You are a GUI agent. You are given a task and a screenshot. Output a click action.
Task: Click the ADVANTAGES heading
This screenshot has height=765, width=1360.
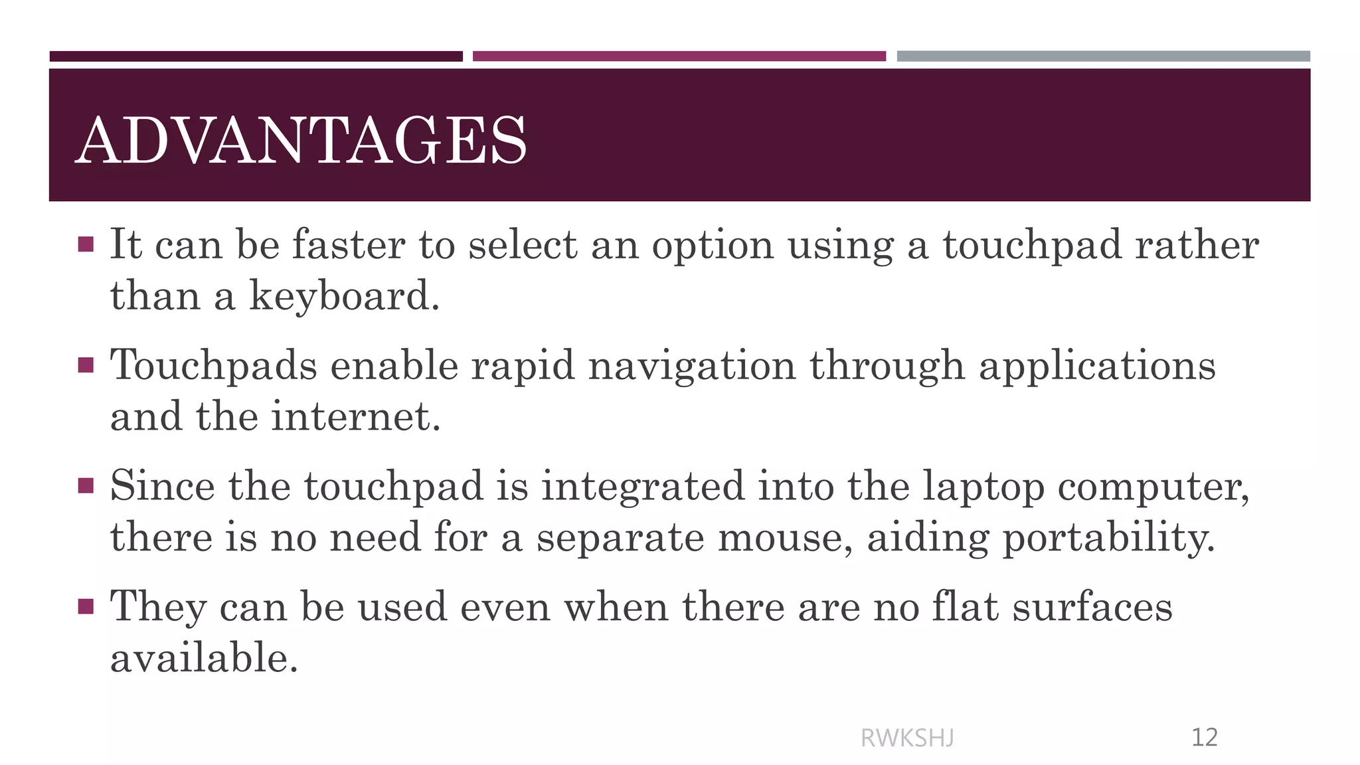301,140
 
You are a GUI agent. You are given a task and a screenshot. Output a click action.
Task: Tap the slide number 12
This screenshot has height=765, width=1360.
1204,738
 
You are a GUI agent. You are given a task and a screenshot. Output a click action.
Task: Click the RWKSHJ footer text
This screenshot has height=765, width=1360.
907,738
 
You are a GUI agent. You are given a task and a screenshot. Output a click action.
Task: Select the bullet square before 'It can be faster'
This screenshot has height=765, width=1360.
86,244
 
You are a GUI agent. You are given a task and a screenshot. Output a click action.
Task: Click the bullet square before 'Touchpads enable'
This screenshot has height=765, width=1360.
86,365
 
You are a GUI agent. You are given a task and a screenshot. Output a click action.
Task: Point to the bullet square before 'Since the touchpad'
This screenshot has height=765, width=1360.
86,486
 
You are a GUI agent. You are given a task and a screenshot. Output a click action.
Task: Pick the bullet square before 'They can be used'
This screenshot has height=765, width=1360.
86,607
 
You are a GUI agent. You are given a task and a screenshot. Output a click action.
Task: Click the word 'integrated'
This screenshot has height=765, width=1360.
643,486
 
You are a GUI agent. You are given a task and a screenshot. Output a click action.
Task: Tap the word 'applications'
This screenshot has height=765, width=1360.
1097,366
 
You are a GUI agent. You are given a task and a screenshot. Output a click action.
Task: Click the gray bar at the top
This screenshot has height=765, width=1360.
1103,56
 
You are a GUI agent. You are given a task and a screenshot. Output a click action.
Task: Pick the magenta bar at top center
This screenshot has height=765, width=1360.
679,56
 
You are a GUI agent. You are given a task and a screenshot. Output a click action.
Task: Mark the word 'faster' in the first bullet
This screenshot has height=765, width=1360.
349,244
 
